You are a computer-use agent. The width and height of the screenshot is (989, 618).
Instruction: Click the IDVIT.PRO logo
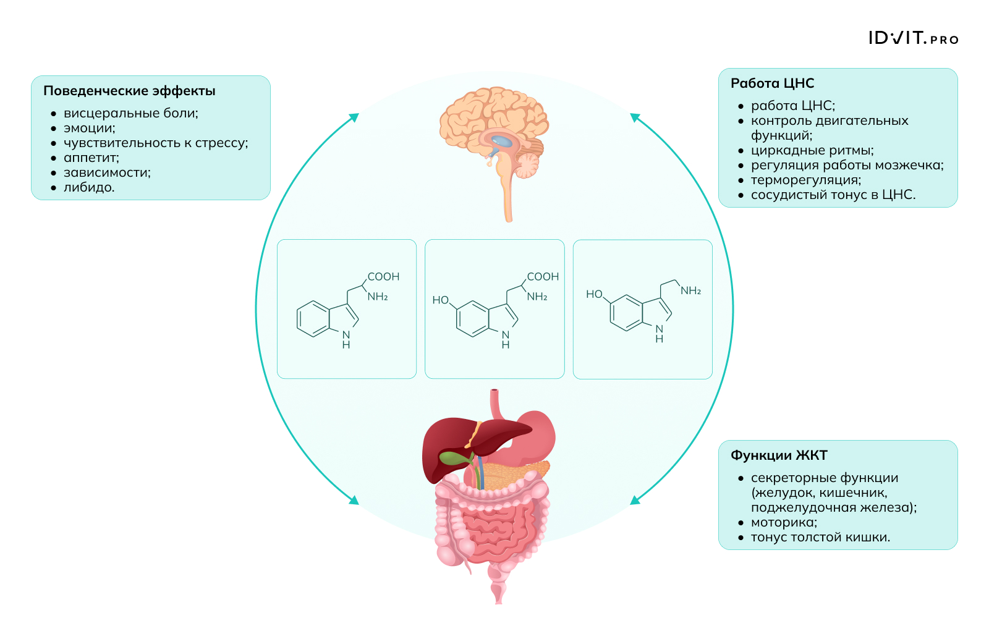(x=913, y=38)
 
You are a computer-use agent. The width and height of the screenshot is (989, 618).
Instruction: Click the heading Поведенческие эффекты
(x=129, y=91)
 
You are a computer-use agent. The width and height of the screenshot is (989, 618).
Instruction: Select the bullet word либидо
(x=89, y=188)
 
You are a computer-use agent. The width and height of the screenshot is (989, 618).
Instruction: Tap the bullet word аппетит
(x=91, y=158)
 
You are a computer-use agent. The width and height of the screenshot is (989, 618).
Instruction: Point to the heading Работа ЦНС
(x=772, y=83)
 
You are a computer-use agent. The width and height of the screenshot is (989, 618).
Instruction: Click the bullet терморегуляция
(x=805, y=180)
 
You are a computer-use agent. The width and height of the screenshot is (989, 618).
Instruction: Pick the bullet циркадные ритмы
(x=812, y=151)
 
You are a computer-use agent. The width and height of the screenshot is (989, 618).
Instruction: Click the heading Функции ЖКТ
(x=778, y=455)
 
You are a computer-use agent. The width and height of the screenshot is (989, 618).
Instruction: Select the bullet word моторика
(x=784, y=523)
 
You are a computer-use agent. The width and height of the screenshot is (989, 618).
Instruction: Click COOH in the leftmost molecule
(x=383, y=277)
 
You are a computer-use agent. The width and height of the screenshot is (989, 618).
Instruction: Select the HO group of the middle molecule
(x=440, y=300)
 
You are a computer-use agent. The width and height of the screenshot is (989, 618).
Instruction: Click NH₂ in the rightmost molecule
(x=690, y=291)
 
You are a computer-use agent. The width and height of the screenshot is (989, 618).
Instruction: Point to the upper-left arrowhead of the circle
(x=354, y=117)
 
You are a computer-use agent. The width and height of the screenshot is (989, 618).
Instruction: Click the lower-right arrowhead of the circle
(x=635, y=500)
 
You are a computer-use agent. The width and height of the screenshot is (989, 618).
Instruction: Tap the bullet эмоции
(x=89, y=129)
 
